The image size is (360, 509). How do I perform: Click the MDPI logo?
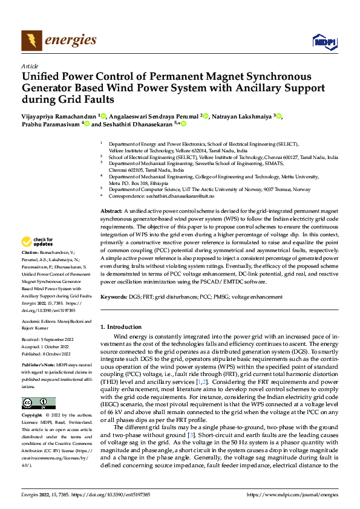[x=324, y=41]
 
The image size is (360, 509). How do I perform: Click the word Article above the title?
[x=30, y=66]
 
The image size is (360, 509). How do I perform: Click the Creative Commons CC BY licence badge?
[x=38, y=403]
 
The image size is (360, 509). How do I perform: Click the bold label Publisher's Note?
[x=39, y=366]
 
